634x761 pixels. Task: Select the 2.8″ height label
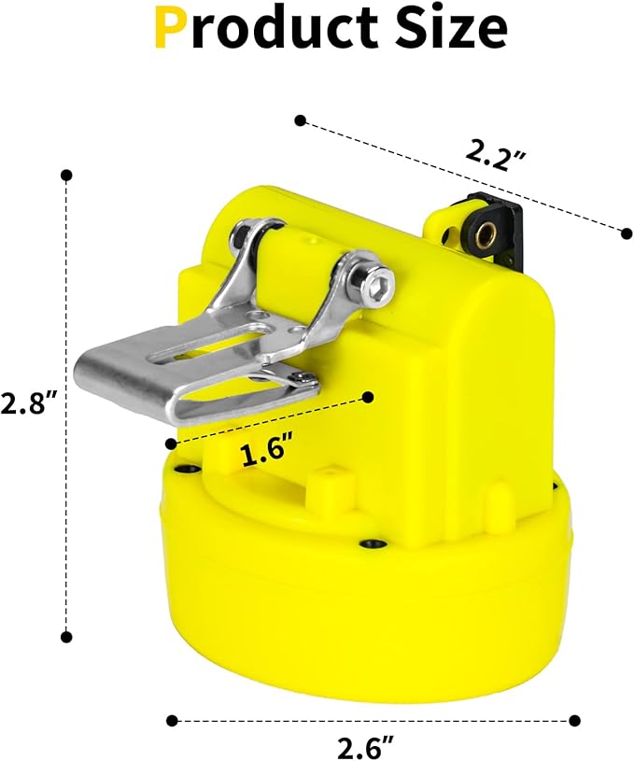click(29, 402)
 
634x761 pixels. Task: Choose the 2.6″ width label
click(366, 748)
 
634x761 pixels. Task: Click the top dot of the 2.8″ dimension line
click(66, 176)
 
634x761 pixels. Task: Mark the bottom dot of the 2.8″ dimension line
click(66, 636)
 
